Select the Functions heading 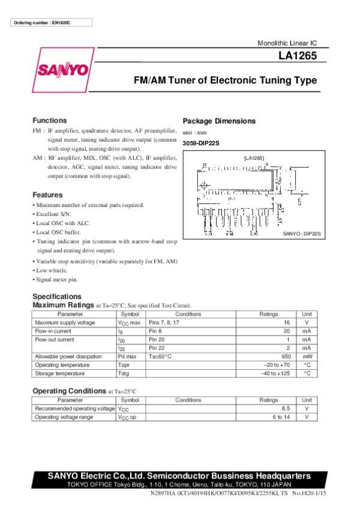(x=50, y=120)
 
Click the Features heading (x=47, y=195)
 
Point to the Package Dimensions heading (x=218, y=121)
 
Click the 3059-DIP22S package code (x=201, y=143)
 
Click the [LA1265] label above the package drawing (x=253, y=157)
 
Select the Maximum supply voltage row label (x=65, y=322)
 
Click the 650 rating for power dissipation (x=284, y=357)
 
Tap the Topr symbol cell (x=125, y=365)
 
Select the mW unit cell (x=306, y=357)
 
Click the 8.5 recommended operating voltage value (x=285, y=408)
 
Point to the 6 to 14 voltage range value (x=281, y=417)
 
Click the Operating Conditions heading (x=69, y=391)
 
